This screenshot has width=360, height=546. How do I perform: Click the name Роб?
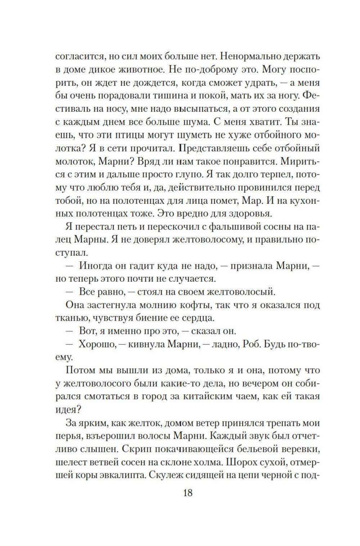coord(253,344)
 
